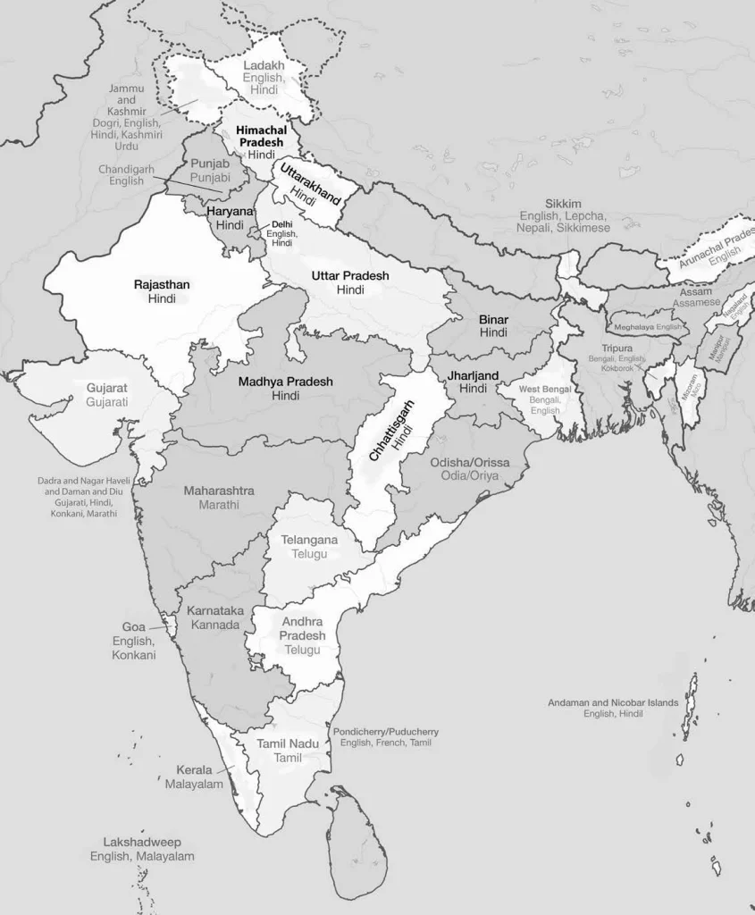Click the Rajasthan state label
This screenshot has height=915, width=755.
162,284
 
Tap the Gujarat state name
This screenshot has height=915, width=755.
107,388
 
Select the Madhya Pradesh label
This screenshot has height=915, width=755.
285,382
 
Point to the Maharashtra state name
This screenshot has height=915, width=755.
219,491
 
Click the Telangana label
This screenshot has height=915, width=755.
309,540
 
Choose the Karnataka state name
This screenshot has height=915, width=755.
214,610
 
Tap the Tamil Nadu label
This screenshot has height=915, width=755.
288,743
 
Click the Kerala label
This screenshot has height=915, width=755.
194,769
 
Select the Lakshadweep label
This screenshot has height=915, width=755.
142,842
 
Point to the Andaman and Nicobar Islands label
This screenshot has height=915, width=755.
613,702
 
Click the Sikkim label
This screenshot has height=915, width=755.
563,204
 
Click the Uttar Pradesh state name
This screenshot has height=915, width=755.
350,276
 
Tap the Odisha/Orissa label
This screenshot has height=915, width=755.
470,462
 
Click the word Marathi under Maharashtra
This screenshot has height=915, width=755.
219,505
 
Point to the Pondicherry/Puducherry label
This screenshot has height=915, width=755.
386,731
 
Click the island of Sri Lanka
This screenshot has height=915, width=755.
351,841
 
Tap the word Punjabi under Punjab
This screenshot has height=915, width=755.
210,178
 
